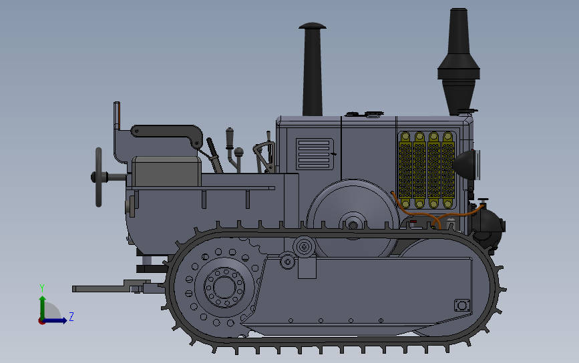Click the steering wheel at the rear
click(99, 177)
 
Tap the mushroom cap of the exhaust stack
click(313, 26)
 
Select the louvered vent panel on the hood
click(315, 154)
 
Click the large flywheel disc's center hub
click(353, 225)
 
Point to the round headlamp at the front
click(466, 165)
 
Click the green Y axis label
click(42, 288)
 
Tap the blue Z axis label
click(71, 316)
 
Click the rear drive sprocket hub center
click(224, 288)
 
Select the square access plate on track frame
click(462, 306)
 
